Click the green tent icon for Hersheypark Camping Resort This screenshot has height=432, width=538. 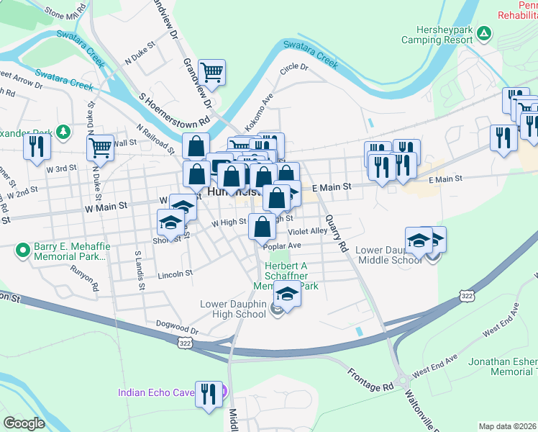pyautogui.click(x=485, y=34)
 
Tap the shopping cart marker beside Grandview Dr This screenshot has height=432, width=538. pyautogui.click(x=211, y=71)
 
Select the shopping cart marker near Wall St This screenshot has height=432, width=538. pyautogui.click(x=101, y=148)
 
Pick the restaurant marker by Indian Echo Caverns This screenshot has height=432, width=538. pyautogui.click(x=209, y=393)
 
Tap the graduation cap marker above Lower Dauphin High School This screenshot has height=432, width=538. pyautogui.click(x=286, y=293)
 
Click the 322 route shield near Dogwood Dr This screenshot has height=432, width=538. pyautogui.click(x=186, y=345)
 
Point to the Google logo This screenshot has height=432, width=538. pyautogui.click(x=24, y=423)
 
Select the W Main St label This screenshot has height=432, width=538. pyautogui.click(x=106, y=205)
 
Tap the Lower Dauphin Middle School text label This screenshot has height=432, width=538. pyautogui.click(x=389, y=255)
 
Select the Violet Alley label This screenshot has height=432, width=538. pyautogui.click(x=308, y=232)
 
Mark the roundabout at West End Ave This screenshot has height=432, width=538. pyautogui.click(x=402, y=380)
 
